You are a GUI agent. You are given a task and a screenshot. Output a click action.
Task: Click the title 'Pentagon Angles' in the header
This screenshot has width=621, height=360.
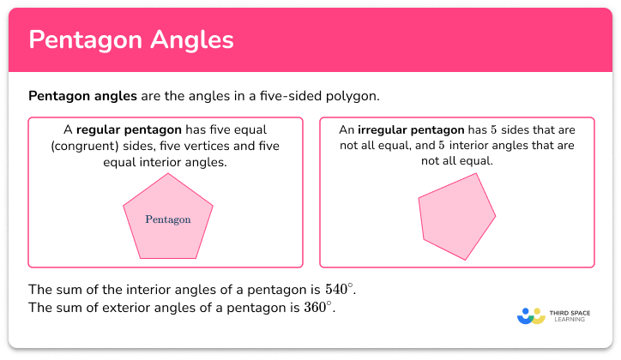130,40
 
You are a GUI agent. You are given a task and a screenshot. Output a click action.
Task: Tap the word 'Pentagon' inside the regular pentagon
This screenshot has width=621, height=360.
168,219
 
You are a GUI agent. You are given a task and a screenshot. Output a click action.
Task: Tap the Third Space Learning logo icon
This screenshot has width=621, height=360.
532,316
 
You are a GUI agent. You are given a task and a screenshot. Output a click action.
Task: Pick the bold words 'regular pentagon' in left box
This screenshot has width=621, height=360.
129,130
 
